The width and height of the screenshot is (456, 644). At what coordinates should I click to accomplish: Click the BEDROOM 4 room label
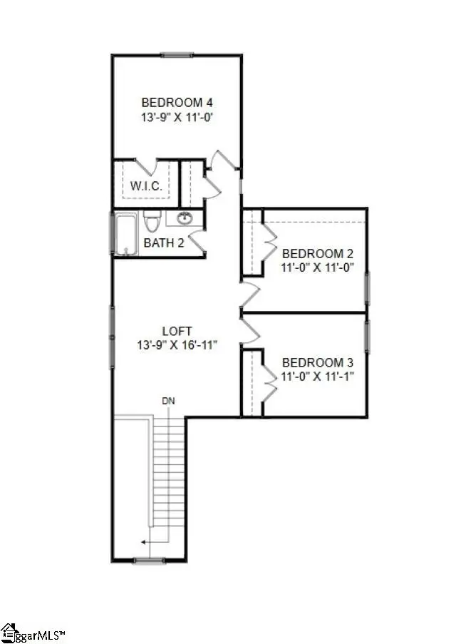point(177,101)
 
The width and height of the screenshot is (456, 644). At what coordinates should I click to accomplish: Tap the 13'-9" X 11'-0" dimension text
point(177,117)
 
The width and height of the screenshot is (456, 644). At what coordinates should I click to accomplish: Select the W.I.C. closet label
point(146,186)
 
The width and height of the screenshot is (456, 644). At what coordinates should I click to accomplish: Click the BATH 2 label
point(164,243)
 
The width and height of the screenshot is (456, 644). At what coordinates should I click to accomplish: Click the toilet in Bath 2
point(151,221)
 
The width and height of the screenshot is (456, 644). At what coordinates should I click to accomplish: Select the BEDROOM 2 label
point(318,253)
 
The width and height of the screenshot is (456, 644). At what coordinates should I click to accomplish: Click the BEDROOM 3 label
point(318,362)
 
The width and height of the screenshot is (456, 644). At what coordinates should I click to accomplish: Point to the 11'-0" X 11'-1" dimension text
point(318,376)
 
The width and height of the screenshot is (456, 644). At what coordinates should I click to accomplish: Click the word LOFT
point(176,331)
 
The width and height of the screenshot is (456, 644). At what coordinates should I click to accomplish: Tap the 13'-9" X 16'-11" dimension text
point(176,345)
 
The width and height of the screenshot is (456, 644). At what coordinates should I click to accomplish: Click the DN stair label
point(168,402)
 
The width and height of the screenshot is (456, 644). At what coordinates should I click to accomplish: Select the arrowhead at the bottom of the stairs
point(143,542)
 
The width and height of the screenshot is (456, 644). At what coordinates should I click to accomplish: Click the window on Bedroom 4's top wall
point(177,54)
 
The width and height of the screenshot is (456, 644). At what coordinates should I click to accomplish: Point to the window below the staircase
point(150,561)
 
